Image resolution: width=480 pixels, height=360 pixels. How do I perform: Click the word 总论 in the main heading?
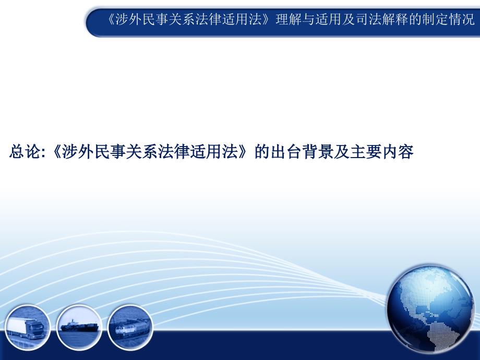[25, 152]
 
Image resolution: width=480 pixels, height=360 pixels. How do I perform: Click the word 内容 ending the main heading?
[398, 152]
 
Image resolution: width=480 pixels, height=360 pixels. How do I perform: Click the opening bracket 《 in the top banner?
[111, 20]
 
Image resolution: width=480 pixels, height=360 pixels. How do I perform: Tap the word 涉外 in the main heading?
[78, 152]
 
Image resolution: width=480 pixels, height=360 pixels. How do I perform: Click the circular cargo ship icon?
[79, 327]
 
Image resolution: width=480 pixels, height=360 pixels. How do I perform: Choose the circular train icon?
[130, 327]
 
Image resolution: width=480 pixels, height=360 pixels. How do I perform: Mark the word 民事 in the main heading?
[110, 152]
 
